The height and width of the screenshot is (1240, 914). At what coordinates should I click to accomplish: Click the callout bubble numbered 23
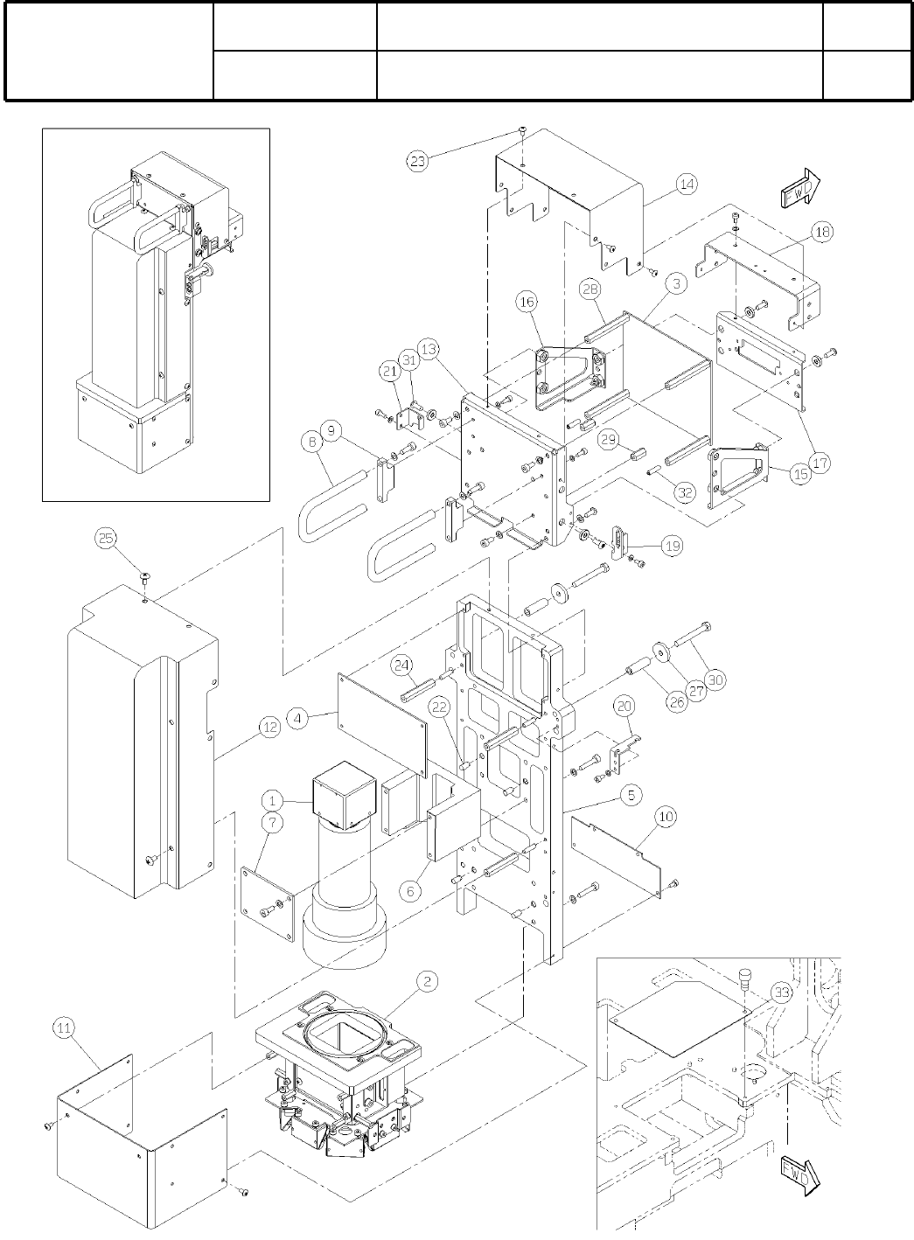tap(419, 161)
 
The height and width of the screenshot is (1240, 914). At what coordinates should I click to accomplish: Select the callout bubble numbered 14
tap(687, 184)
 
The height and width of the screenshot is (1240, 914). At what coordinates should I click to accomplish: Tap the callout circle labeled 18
tap(822, 232)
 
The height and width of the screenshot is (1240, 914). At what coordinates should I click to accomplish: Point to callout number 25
tap(106, 539)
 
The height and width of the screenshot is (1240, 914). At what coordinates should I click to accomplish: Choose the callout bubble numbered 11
tap(65, 1028)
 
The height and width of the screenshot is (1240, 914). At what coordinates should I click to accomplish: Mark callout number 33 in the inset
tap(781, 993)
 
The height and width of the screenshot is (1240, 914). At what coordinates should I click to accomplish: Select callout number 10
tap(666, 817)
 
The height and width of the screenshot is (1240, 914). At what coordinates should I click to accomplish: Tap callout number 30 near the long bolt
tap(715, 679)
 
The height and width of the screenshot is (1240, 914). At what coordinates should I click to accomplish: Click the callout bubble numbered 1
tap(273, 799)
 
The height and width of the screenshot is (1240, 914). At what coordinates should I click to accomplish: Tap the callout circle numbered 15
tap(799, 474)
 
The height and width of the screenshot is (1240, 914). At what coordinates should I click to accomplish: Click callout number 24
tap(401, 665)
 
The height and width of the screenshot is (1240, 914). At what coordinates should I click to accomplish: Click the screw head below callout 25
tap(145, 576)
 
